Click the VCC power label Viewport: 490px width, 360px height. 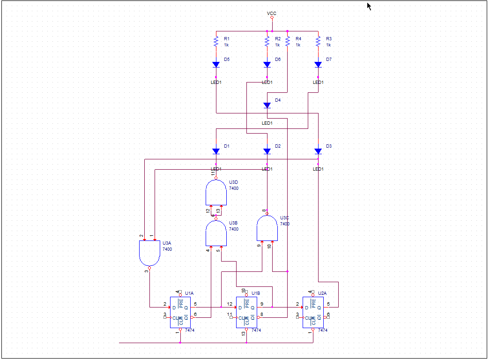pos(272,14)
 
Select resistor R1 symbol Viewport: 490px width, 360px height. pos(216,42)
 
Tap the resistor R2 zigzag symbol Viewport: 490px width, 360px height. pos(267,42)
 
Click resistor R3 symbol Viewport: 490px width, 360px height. pos(318,42)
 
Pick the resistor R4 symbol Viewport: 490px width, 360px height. pos(287,42)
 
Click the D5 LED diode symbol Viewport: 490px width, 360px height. pos(216,65)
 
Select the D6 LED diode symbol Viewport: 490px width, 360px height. pos(267,65)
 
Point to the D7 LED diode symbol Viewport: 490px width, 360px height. pos(318,65)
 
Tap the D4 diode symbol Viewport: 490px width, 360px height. pos(267,105)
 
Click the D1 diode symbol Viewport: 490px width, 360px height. pos(216,151)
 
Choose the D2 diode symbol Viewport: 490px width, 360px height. pos(267,151)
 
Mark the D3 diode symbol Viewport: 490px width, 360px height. pos(318,151)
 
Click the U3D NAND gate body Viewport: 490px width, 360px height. pos(216,192)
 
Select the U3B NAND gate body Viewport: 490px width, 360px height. pos(216,233)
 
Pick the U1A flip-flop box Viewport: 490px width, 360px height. pos(181,312)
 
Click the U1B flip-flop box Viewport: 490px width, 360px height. pos(247,312)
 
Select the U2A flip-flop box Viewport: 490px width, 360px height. pos(313,312)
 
